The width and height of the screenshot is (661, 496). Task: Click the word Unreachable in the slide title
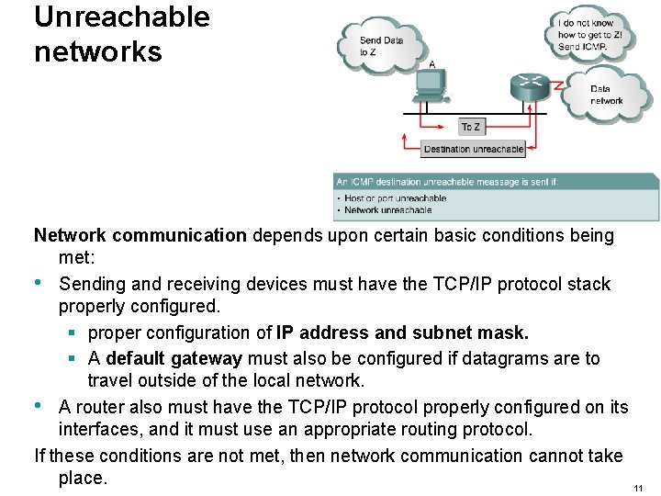click(x=122, y=17)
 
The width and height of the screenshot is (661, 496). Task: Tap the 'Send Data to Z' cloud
click(x=380, y=46)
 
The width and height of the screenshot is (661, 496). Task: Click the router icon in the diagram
click(x=529, y=86)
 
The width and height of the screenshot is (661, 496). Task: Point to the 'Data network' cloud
click(x=606, y=95)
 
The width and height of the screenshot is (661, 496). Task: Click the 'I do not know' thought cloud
click(x=590, y=35)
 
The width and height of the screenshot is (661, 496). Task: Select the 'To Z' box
click(x=471, y=127)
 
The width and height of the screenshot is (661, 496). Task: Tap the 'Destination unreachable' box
click(x=474, y=149)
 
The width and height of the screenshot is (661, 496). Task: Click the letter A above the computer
click(x=431, y=64)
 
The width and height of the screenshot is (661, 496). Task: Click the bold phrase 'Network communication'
click(x=140, y=235)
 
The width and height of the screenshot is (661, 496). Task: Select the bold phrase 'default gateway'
click(x=174, y=358)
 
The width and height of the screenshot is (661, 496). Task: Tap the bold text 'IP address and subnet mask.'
click(x=403, y=333)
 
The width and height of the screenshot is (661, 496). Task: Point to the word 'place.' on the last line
click(x=83, y=479)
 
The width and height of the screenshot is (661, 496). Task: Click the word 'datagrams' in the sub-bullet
click(x=511, y=358)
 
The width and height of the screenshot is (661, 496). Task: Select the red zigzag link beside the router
click(x=557, y=85)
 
